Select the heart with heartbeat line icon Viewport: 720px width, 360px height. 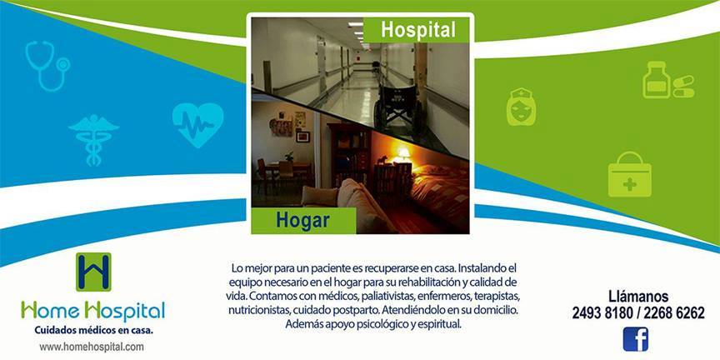coord(197,124)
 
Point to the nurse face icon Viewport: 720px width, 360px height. coord(521,106)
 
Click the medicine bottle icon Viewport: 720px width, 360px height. coord(657,80)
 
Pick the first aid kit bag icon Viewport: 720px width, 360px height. coord(629,174)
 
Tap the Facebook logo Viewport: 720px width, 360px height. coord(636,339)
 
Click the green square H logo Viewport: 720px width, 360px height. coord(93,272)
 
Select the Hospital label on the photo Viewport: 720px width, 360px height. coord(417,30)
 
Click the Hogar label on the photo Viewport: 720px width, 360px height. coord(302,220)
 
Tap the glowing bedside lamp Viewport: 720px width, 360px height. coord(403,155)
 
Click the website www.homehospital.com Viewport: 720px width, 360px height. coord(92,347)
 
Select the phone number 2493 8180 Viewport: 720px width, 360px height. coord(602,313)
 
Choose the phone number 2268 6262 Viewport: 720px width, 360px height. coord(674,313)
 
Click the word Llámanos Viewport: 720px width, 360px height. coord(638,296)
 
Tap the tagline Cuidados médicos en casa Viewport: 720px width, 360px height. coord(93,330)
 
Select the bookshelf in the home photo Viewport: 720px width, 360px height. coord(349,155)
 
